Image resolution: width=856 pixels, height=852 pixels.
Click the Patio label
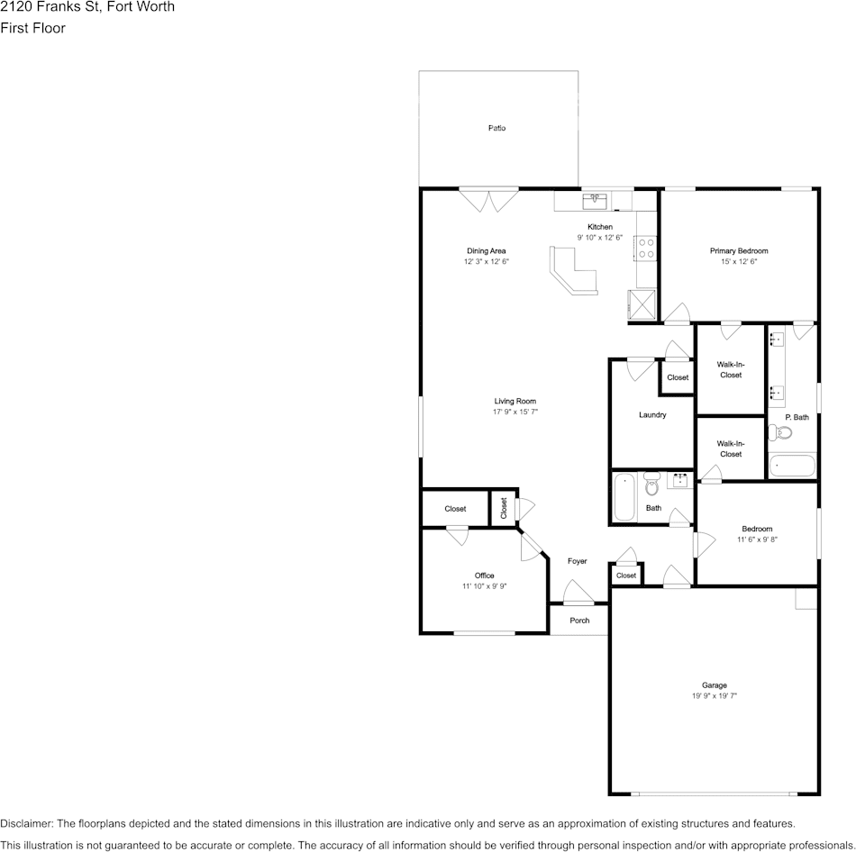click(496, 128)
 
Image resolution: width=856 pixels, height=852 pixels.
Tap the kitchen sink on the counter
click(595, 199)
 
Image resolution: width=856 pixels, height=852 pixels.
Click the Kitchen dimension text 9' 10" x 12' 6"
click(600, 238)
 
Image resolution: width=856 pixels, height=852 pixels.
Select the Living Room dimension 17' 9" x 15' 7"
click(515, 412)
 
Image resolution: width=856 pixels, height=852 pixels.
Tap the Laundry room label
click(651, 415)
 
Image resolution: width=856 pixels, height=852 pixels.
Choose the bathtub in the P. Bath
click(791, 467)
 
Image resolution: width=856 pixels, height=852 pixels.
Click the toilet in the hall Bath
click(652, 485)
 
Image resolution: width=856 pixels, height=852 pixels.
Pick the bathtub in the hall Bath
click(624, 497)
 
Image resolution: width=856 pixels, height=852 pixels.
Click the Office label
click(484, 576)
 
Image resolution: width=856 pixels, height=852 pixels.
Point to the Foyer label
click(577, 561)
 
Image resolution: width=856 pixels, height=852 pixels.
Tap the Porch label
click(579, 621)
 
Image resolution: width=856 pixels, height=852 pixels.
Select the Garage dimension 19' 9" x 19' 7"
click(715, 696)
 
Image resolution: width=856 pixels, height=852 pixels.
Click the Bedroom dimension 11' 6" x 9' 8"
click(757, 539)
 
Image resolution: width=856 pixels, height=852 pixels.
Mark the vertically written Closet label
click(504, 509)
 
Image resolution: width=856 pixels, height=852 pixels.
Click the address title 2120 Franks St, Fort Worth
click(87, 7)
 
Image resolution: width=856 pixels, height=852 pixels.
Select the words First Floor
click(32, 28)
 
